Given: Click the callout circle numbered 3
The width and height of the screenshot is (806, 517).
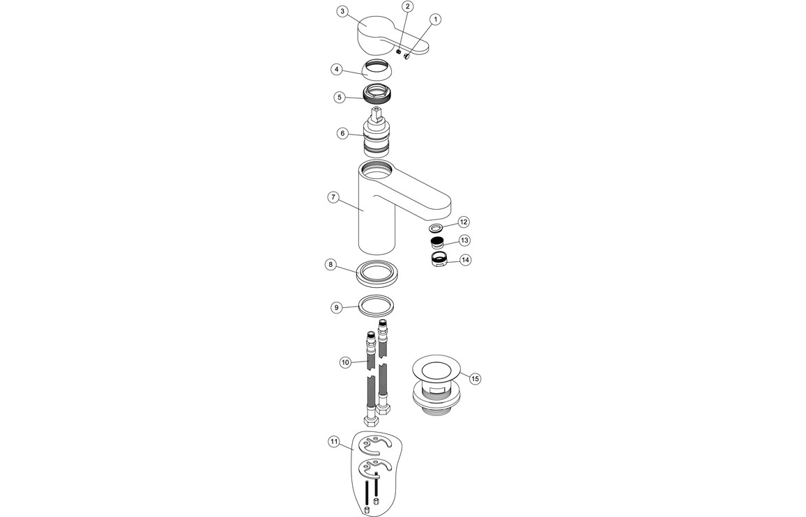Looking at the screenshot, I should (x=342, y=11).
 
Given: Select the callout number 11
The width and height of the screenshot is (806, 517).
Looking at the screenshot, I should (x=334, y=442).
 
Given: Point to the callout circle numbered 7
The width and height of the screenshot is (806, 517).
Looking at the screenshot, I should (x=334, y=197).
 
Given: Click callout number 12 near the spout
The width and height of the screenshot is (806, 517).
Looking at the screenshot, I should (x=463, y=222).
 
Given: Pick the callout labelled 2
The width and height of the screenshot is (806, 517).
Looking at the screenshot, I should (x=408, y=6).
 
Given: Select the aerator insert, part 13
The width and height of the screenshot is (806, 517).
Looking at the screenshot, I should (x=438, y=243).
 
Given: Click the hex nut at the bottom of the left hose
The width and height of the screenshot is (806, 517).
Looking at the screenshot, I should (x=369, y=421).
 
